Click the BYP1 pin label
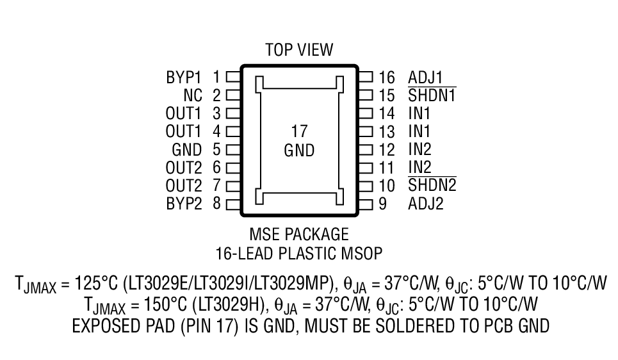[183, 78]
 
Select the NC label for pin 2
[193, 96]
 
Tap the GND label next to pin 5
[187, 150]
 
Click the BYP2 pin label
[183, 204]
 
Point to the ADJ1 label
[425, 78]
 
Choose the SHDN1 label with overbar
[432, 96]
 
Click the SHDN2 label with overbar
[432, 186]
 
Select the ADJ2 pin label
[425, 204]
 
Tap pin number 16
[386, 78]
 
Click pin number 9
[382, 204]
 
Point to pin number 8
[216, 204]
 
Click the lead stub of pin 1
[232, 78]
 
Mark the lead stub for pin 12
[366, 150]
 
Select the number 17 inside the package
[299, 132]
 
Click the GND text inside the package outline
[299, 151]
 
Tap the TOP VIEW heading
[299, 50]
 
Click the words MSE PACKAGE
[299, 234]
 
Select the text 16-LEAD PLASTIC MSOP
[299, 253]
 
